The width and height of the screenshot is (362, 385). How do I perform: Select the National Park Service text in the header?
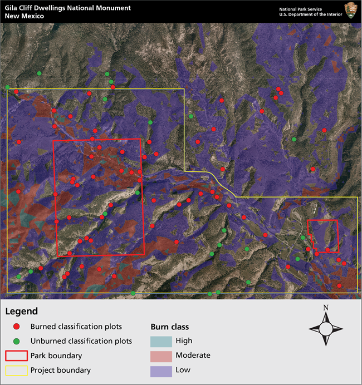coord(300,9)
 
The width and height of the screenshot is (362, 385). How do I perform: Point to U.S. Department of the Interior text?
coord(309,15)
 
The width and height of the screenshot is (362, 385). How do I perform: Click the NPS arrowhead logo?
coord(351,11)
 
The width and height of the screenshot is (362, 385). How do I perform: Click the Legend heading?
coord(21,312)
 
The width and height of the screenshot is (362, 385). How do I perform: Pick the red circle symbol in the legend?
coord(17,327)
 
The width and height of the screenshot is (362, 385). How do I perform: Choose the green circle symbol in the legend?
coord(17,341)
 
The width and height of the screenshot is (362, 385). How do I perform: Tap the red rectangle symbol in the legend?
coord(16,356)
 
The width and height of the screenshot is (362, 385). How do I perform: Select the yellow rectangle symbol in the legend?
coord(16,370)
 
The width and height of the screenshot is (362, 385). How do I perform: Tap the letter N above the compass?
coord(326,308)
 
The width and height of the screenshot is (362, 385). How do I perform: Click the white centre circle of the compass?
coord(326,329)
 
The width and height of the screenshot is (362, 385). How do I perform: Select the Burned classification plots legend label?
coord(76,327)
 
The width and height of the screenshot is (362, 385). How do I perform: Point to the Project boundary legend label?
coord(60,370)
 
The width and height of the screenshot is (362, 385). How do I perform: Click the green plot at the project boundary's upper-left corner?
coord(7,87)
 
